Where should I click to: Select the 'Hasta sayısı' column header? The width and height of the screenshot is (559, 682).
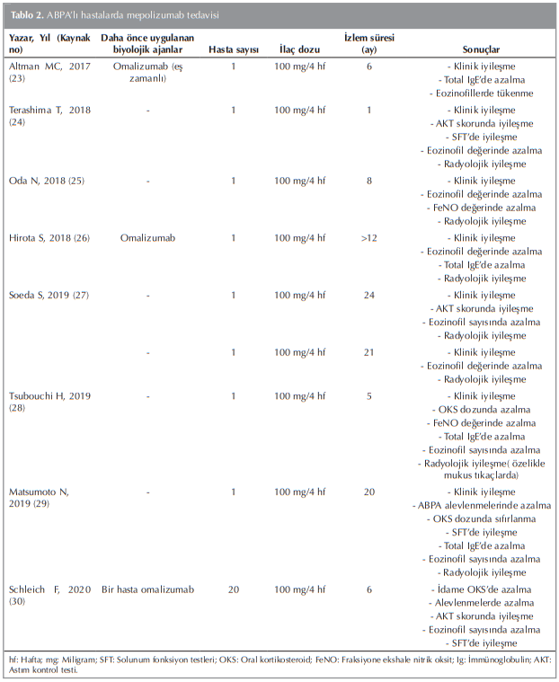click(233, 49)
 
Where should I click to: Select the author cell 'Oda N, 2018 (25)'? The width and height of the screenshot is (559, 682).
click(48, 181)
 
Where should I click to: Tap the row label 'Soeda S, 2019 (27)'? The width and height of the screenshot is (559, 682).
click(52, 295)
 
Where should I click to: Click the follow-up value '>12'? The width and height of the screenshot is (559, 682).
click(368, 238)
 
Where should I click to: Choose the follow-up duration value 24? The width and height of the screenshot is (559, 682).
click(368, 295)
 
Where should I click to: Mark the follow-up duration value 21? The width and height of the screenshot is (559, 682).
click(368, 352)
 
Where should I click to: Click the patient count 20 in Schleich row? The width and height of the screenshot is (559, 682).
click(233, 589)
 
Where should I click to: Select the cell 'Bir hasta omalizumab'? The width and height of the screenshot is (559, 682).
click(149, 589)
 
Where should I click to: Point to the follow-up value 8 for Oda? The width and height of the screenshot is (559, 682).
click(368, 181)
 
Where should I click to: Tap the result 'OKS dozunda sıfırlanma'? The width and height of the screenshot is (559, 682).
click(483, 519)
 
